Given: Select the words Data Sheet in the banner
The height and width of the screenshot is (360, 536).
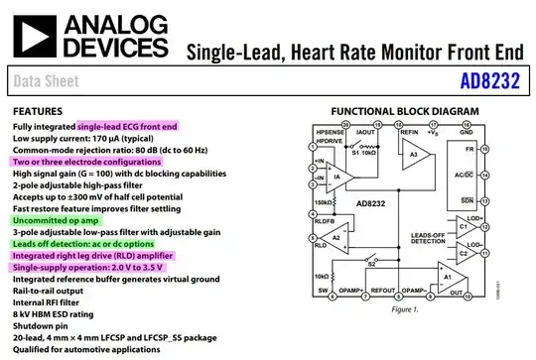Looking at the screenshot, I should (48, 82).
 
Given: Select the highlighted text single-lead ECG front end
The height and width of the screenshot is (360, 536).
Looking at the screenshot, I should (127, 127).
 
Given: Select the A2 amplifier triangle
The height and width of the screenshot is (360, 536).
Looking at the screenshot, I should (336, 237).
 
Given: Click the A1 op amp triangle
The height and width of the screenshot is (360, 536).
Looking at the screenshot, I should (448, 279).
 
